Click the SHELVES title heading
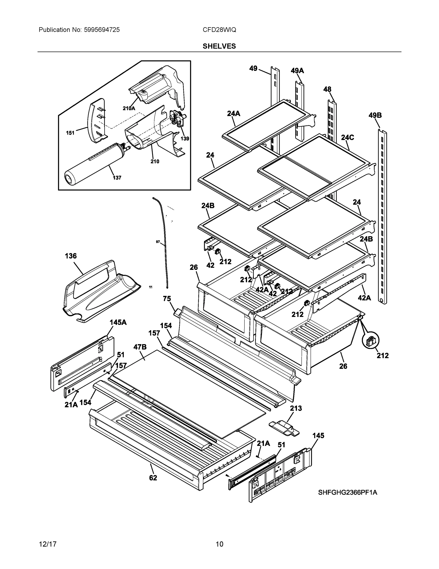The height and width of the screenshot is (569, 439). click(219, 46)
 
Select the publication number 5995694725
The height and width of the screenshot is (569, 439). click(102, 30)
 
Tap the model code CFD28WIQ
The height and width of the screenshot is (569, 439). click(219, 30)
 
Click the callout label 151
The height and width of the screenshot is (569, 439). click(70, 133)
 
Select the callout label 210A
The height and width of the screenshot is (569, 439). click(129, 108)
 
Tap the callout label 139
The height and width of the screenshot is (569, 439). click(185, 139)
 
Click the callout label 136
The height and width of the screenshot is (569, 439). click(71, 256)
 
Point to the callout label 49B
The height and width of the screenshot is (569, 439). click(375, 115)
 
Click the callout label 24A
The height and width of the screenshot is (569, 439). click(233, 113)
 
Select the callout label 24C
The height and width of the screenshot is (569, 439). click(347, 137)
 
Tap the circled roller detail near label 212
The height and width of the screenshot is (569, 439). click(371, 340)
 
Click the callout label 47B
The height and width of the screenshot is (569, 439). click(140, 347)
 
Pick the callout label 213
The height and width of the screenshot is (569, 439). click(296, 408)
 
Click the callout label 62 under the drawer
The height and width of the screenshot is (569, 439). click(153, 478)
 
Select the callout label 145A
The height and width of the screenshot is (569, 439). click(118, 322)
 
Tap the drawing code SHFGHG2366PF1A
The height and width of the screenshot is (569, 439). click(347, 492)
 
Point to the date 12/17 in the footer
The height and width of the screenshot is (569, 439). click(48, 544)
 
